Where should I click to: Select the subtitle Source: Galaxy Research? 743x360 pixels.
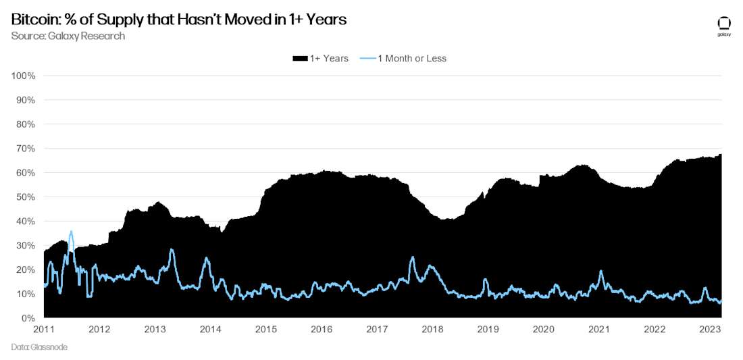click(68, 36)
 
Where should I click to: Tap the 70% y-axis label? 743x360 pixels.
click(26, 148)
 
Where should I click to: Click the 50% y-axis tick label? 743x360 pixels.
click(26, 197)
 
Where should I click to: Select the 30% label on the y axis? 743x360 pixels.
click(26, 245)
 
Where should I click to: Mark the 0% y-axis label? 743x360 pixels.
click(28, 318)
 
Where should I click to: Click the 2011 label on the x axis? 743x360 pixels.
click(44, 329)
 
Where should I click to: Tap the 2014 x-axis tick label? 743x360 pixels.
click(211, 329)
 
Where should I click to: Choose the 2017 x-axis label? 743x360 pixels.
click(377, 329)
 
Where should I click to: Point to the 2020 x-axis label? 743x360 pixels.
click(544, 329)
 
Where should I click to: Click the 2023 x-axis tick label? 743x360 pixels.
click(710, 329)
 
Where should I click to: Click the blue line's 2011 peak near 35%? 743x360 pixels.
click(71, 232)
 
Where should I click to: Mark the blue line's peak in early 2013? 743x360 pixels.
click(172, 250)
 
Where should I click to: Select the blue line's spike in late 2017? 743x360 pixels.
click(413, 257)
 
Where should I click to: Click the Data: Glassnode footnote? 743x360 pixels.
click(39, 346)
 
